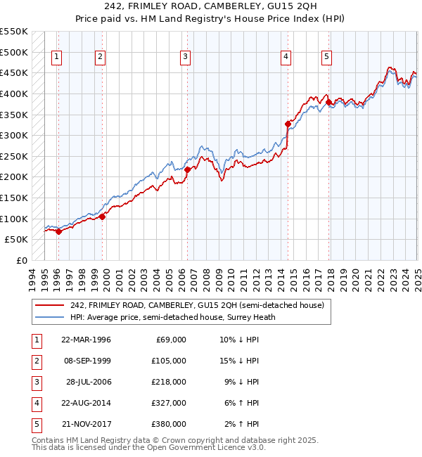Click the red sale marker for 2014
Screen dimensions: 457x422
click(x=288, y=124)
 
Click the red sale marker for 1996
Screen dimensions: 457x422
click(x=59, y=231)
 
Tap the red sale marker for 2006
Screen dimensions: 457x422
click(x=187, y=169)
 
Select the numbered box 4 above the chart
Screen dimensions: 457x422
click(x=287, y=58)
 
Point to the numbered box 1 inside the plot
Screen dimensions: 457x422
click(x=56, y=58)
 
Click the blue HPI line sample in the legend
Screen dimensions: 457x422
click(x=49, y=317)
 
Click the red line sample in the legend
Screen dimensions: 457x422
click(x=49, y=305)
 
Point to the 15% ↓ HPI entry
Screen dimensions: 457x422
click(x=239, y=361)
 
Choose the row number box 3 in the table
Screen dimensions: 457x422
click(x=36, y=382)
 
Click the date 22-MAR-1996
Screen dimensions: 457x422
click(x=86, y=340)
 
